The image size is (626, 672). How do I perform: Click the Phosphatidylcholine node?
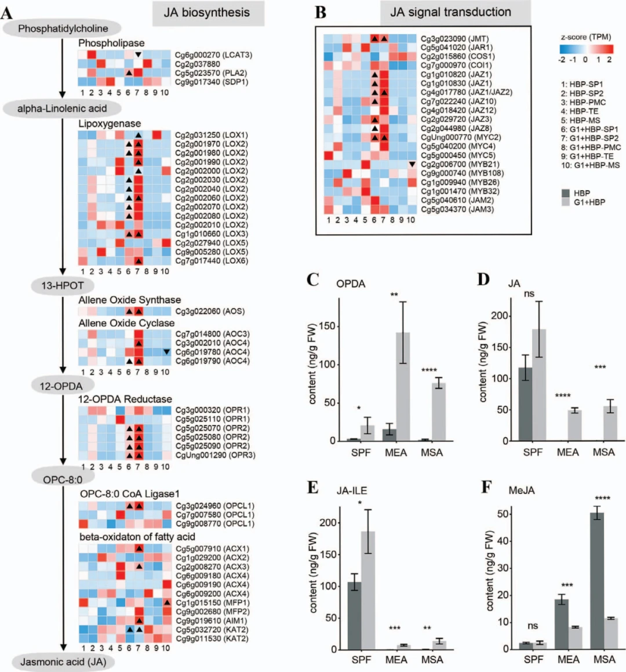[x=63, y=28]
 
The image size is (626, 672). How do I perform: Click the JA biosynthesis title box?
[x=207, y=13]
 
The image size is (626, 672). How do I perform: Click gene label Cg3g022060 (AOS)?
[x=209, y=311]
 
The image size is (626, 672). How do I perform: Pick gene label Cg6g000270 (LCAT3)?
[x=213, y=55]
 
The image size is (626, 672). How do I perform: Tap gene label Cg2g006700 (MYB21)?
[x=460, y=164]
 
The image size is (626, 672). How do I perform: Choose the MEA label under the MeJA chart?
[x=568, y=660]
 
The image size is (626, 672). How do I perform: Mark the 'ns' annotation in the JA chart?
[x=529, y=294]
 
